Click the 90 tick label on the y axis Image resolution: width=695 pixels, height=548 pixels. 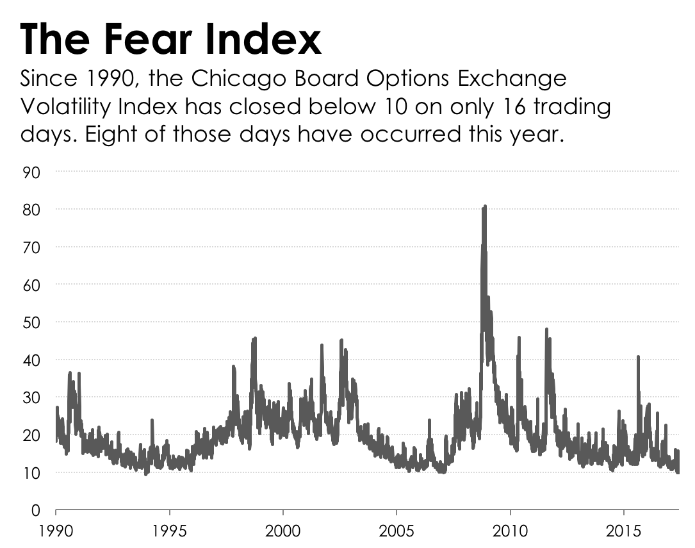click(31, 172)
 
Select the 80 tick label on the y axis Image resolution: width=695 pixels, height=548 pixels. click(31, 210)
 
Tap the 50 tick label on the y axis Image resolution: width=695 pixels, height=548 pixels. click(31, 322)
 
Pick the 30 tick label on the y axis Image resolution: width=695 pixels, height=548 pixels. click(31, 397)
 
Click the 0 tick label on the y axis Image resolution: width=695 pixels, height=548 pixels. click(36, 511)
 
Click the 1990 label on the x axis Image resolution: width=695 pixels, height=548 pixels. click(56, 531)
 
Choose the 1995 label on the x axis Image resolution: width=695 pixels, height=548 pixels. click(170, 531)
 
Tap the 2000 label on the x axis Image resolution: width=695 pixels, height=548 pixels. click(283, 531)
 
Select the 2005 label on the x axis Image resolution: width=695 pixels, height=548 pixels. click(397, 531)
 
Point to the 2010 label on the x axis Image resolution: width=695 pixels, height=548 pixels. click(510, 531)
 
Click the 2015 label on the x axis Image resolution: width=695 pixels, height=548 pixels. click(623, 531)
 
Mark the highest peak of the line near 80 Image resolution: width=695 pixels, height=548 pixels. click(485, 207)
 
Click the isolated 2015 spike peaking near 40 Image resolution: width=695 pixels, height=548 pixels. click(638, 358)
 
